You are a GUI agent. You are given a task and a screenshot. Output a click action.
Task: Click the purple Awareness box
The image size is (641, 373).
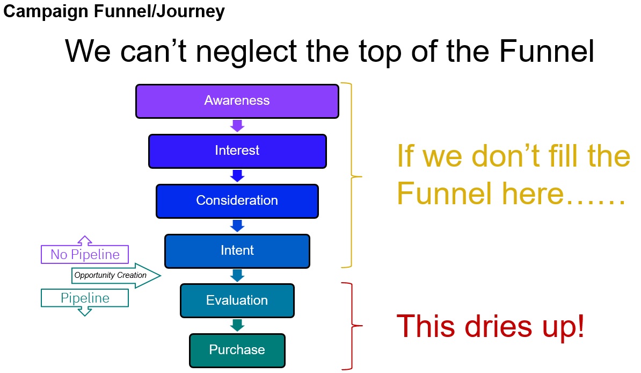coord(237,101)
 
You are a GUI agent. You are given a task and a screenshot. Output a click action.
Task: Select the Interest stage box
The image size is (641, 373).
coord(237,150)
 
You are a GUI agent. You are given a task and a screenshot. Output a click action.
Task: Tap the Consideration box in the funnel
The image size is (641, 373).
coord(237,200)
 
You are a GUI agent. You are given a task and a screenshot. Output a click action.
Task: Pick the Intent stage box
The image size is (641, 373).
coord(237,250)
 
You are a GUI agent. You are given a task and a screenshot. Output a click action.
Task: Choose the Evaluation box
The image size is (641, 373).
coord(237,300)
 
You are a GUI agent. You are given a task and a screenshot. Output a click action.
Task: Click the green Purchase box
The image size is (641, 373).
coord(237,350)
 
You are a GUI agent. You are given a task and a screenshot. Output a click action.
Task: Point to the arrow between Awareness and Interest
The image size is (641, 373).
coord(237,126)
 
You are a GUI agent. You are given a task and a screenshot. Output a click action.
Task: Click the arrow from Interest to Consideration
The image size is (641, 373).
coord(237,176)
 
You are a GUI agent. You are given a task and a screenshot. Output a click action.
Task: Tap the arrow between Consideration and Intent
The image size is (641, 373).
coord(237,226)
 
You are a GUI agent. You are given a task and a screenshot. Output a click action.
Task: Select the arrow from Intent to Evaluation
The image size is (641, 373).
coord(237,276)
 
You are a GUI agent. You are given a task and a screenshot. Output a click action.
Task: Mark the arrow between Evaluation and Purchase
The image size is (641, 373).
coord(237,325)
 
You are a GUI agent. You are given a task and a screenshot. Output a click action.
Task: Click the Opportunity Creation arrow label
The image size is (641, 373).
coord(111,275)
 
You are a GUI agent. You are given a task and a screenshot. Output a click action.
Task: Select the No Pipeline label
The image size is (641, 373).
coord(85,254)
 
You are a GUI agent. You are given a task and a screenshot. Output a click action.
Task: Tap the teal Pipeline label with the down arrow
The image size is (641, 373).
coord(85,298)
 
